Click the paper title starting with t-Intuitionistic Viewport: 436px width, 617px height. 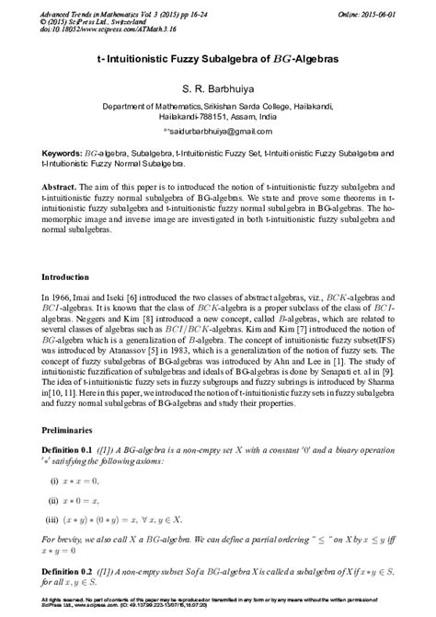click(217, 56)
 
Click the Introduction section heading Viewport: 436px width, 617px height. click(66, 276)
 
